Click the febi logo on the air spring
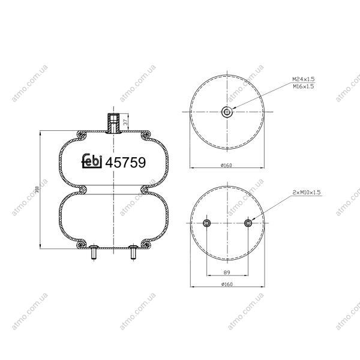[92, 161]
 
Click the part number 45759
[125, 163]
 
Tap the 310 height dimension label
[37, 189]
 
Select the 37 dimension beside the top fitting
[125, 122]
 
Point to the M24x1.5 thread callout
[303, 79]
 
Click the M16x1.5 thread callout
[303, 86]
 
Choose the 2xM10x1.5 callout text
[306, 192]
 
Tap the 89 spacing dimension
[227, 272]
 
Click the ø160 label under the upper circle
[226, 165]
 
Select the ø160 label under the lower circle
[227, 284]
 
